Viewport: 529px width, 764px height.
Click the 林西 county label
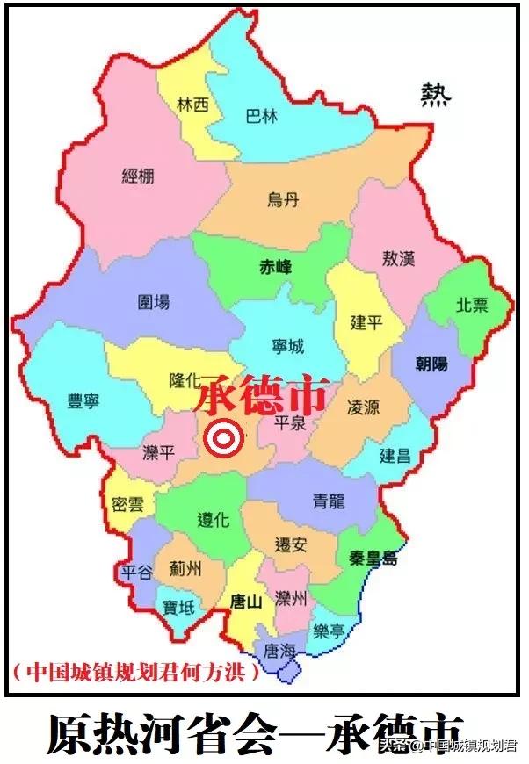click(192, 105)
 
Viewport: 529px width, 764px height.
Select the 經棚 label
click(138, 176)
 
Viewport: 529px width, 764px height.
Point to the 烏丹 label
click(283, 200)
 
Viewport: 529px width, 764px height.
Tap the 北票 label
click(471, 305)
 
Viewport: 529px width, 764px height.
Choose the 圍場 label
click(154, 302)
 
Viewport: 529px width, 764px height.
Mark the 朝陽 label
click(431, 362)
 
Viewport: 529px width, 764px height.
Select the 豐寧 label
click(83, 402)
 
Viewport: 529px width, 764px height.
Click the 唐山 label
click(245, 602)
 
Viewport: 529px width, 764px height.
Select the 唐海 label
click(280, 652)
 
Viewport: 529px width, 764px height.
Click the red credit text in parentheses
click(136, 672)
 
